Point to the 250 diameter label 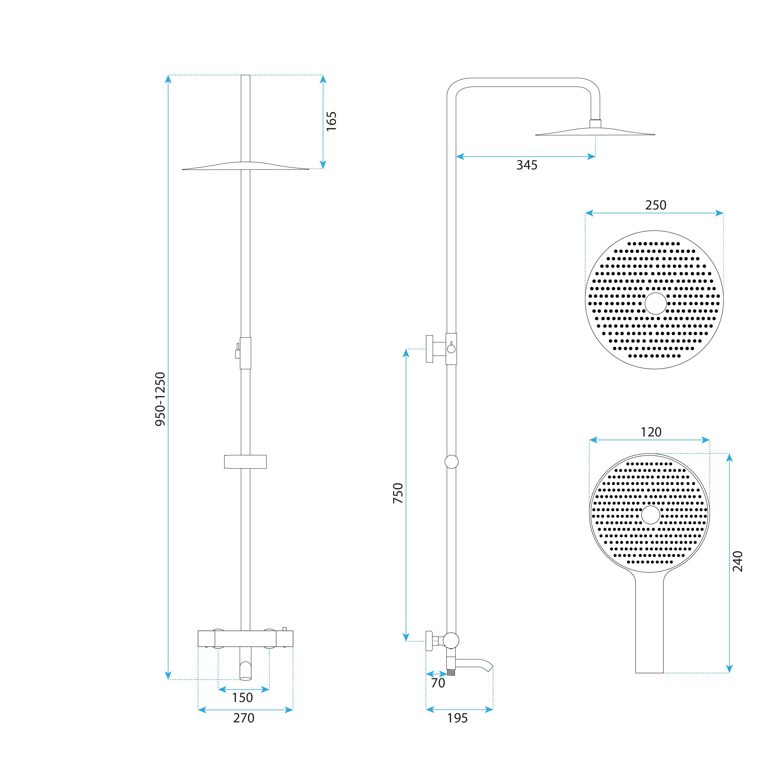click(655, 205)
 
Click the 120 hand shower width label click(651, 432)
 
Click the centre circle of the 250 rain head click(655, 304)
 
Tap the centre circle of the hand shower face click(650, 515)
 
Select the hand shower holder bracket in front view click(245, 462)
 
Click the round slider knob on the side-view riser click(451, 462)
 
